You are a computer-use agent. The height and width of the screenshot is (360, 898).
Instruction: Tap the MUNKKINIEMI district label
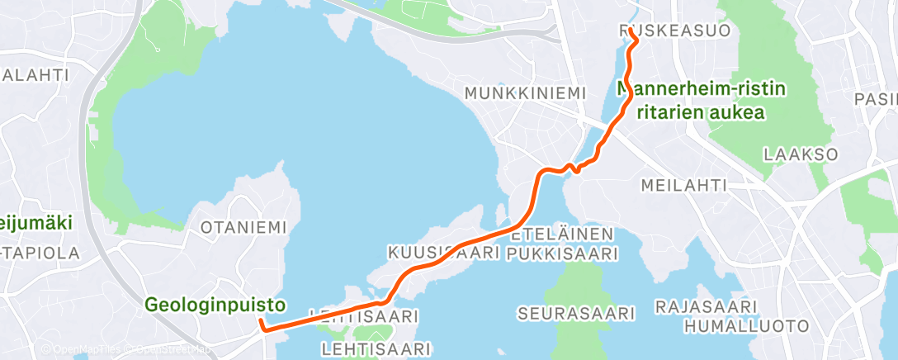click(x=525, y=92)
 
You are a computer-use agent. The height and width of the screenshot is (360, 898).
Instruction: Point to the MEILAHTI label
click(x=683, y=185)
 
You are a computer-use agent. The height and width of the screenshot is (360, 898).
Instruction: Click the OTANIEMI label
click(x=244, y=226)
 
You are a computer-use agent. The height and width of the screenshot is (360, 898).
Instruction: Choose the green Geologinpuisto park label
click(x=215, y=305)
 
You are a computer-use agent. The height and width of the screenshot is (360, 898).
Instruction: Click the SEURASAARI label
click(x=576, y=314)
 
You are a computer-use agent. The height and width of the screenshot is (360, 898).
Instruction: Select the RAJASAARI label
click(x=701, y=307)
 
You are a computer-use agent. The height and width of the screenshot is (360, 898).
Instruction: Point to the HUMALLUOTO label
click(x=745, y=326)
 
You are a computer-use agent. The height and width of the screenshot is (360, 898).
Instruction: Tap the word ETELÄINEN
click(x=562, y=234)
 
